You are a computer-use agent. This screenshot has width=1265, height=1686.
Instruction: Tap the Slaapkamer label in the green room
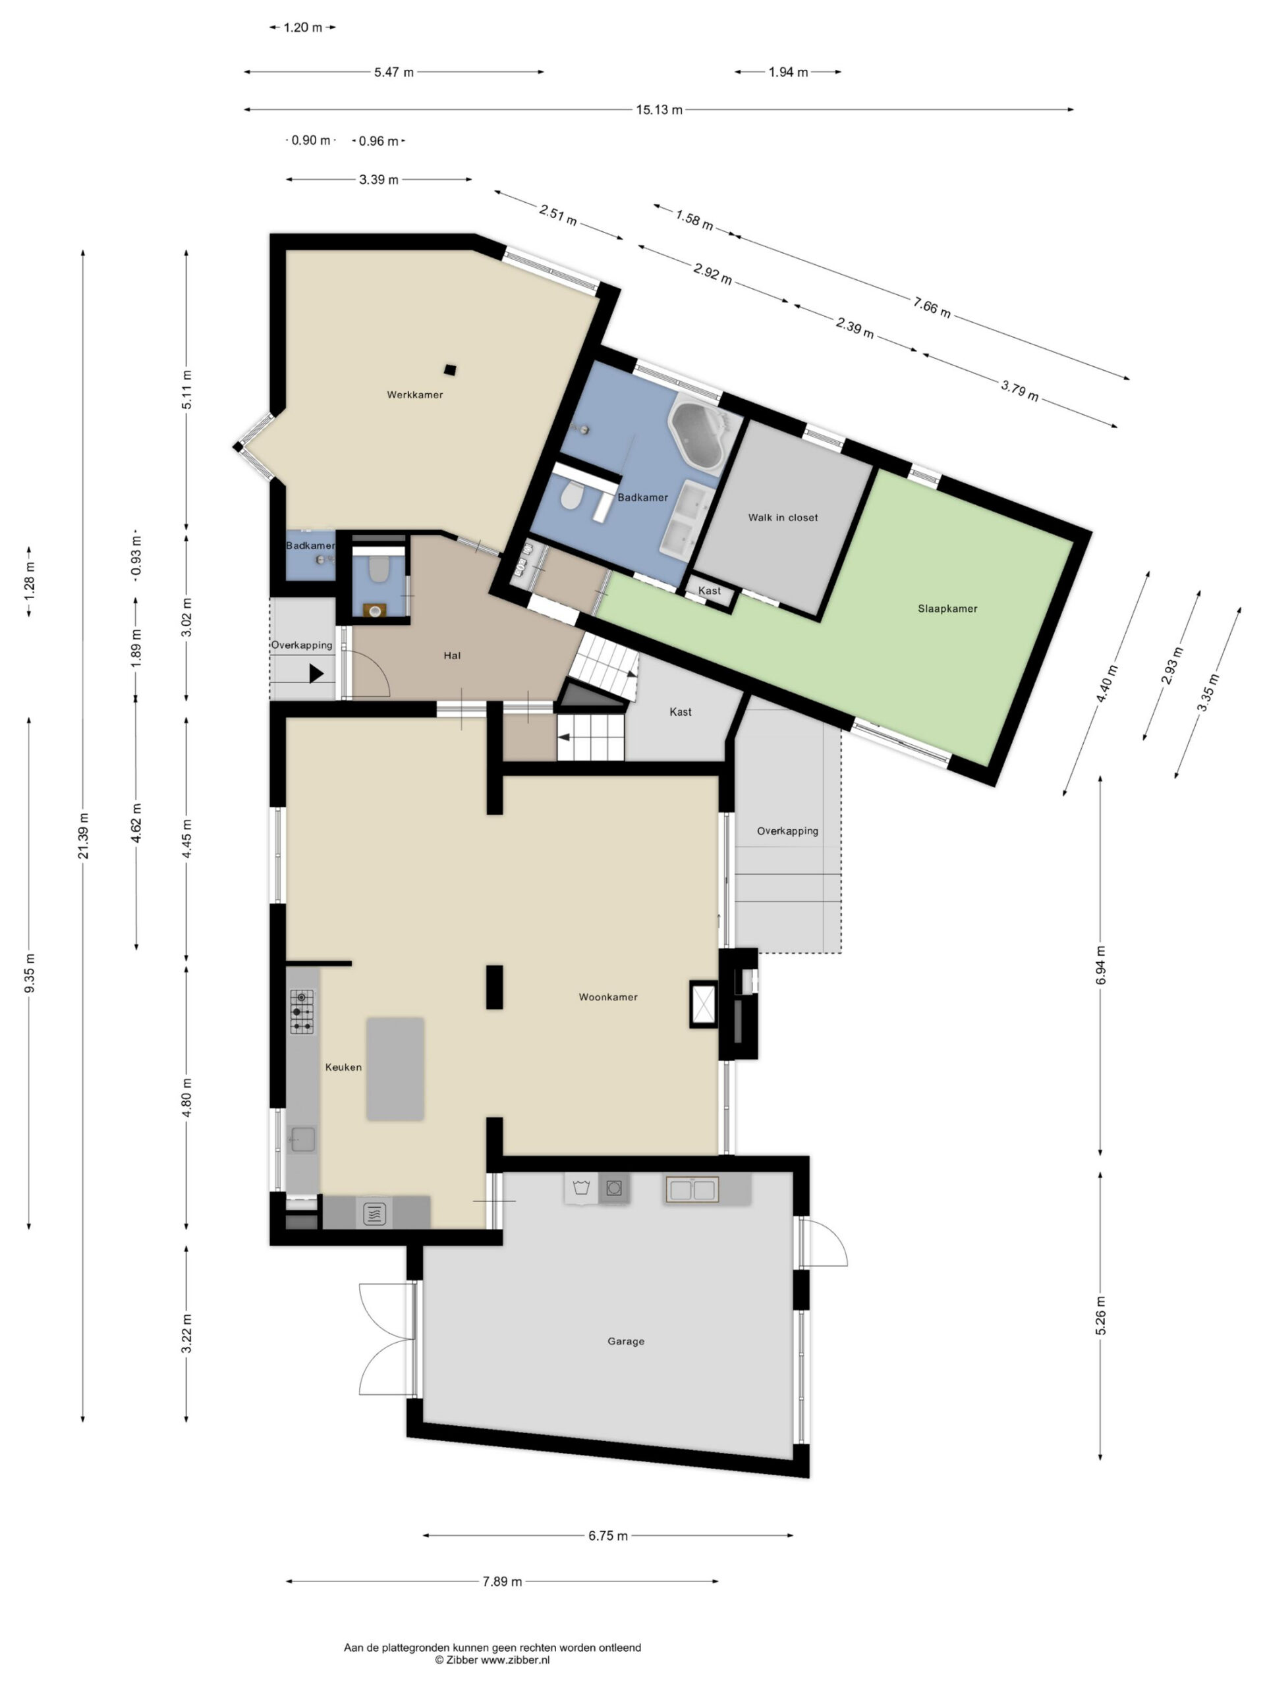click(947, 609)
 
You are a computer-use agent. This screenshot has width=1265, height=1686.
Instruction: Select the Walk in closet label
click(782, 518)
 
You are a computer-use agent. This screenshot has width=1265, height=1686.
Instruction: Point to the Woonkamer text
click(607, 997)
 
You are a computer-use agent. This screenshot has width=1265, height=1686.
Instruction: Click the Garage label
click(626, 1342)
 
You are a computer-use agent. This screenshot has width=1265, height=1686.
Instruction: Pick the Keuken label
click(343, 1067)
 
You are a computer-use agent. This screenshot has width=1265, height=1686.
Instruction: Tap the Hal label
click(452, 655)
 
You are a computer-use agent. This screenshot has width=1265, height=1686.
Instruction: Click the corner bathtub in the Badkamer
click(699, 435)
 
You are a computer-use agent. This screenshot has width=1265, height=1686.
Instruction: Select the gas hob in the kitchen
click(302, 1012)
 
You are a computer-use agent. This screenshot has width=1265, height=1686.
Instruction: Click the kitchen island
click(395, 1069)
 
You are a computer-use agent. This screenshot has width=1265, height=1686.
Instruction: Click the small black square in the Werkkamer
click(450, 370)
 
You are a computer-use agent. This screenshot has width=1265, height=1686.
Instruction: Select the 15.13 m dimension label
click(659, 110)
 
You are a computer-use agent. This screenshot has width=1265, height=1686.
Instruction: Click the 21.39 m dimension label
click(83, 835)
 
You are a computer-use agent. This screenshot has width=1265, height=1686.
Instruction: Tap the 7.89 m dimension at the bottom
click(502, 1581)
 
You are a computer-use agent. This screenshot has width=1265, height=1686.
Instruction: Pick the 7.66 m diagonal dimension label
click(931, 306)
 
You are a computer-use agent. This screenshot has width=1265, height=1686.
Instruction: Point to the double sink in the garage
click(692, 1189)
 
